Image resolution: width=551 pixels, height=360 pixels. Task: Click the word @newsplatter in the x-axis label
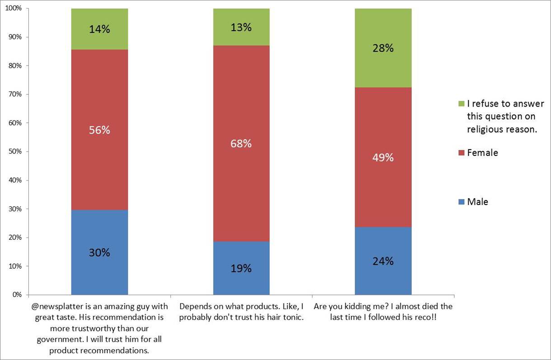pos(52,307)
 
